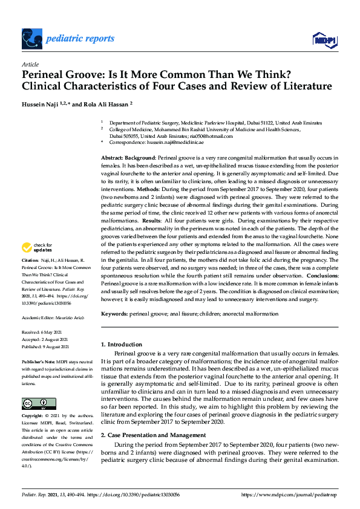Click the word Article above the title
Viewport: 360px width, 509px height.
(30, 64)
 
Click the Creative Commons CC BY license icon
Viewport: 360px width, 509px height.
(38, 403)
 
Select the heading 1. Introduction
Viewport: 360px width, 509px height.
(121, 344)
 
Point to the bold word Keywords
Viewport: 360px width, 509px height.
(114, 314)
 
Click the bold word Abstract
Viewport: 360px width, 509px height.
(113, 157)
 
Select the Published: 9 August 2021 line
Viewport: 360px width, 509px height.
(45, 346)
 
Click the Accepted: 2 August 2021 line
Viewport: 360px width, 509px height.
(46, 340)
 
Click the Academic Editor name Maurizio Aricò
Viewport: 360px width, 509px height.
(72, 317)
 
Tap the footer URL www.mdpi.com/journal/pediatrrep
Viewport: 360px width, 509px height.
(289, 495)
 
